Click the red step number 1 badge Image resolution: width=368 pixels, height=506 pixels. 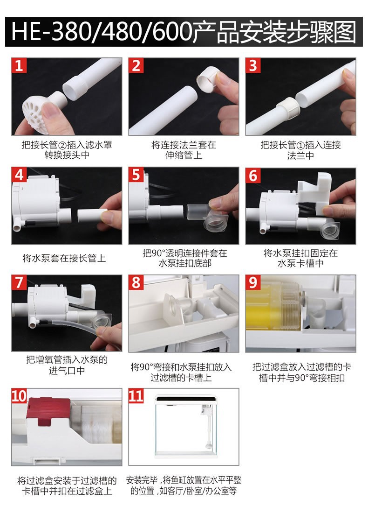pos(19,66)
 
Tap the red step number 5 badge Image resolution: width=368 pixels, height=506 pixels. pos(136,175)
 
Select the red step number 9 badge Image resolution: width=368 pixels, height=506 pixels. pos(253,283)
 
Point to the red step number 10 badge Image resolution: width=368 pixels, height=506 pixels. pos(19,396)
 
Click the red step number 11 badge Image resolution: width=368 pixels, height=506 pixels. pos(136,396)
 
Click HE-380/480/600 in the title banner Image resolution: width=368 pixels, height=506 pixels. pos(102,32)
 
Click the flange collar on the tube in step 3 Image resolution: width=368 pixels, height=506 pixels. pos(287,109)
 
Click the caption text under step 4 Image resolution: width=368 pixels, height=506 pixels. pos(64,258)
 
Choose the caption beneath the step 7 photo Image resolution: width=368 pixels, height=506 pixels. pos(67,365)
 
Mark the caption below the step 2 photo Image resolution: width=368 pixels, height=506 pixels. pos(184,150)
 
